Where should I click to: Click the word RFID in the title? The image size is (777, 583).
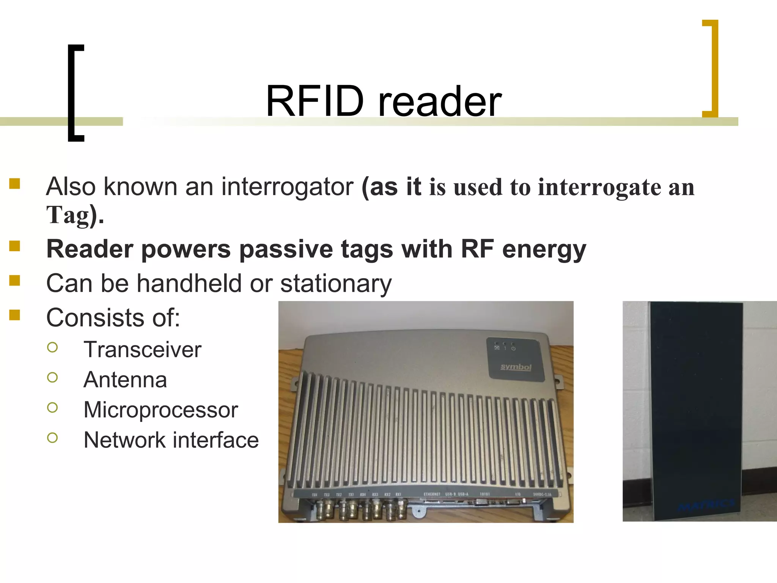[315, 101]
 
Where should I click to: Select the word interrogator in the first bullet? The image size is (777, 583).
[287, 187]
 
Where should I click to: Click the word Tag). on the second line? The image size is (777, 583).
[75, 215]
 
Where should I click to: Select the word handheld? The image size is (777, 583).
[189, 284]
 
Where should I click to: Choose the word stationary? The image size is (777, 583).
[336, 284]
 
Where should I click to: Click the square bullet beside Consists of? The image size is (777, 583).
[15, 315]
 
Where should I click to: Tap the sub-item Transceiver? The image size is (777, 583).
[142, 350]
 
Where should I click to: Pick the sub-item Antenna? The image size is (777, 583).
[125, 380]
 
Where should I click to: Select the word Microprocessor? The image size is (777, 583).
[160, 410]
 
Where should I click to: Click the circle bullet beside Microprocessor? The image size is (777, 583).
[53, 407]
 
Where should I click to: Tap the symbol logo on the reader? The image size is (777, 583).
[516, 367]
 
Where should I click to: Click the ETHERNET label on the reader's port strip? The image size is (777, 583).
[432, 494]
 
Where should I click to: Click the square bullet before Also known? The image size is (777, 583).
[15, 184]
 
